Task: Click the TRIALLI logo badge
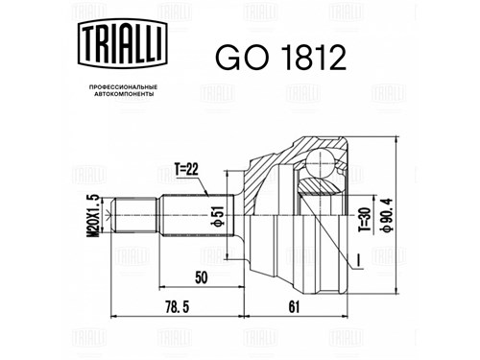tap(123, 43)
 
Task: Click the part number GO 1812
tap(280, 58)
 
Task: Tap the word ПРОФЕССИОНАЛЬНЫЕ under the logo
tap(123, 87)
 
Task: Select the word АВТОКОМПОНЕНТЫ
tap(124, 94)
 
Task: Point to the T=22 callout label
tap(186, 169)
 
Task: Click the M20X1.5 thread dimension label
tap(93, 216)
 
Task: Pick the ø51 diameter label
tap(218, 216)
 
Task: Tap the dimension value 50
tap(202, 277)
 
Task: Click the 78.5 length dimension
tap(178, 307)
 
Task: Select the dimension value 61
tap(294, 307)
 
